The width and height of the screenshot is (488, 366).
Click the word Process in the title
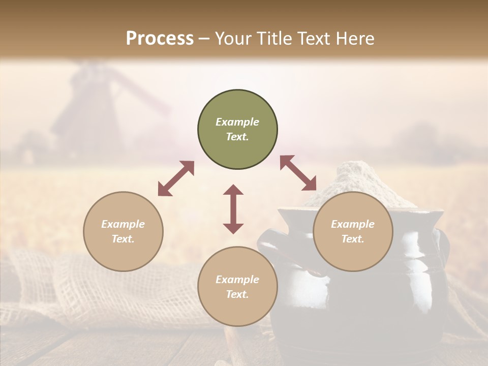[x=160, y=39]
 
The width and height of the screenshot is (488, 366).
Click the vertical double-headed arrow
[x=233, y=209]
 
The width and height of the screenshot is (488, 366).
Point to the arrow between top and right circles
[x=298, y=173]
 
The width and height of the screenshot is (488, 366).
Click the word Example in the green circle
[x=237, y=122]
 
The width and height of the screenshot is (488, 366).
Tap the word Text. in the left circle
[x=123, y=239]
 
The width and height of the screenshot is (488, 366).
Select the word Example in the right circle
[x=353, y=224]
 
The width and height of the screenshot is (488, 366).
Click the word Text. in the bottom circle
[x=237, y=294]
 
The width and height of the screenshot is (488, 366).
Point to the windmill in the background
[x=91, y=107]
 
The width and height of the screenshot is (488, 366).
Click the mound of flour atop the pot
[x=356, y=178]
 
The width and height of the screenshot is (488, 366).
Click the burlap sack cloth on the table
[x=76, y=285]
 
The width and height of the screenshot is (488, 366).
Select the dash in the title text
[x=204, y=39]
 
